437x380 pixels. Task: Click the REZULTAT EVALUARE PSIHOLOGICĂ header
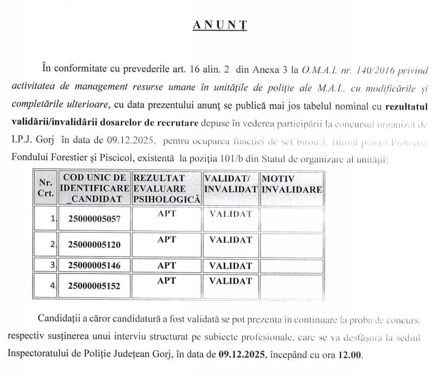click(167, 188)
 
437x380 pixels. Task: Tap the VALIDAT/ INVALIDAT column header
click(231, 183)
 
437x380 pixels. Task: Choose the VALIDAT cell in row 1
click(231, 214)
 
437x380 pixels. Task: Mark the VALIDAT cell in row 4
click(231, 281)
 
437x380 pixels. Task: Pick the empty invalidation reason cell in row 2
click(291, 244)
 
